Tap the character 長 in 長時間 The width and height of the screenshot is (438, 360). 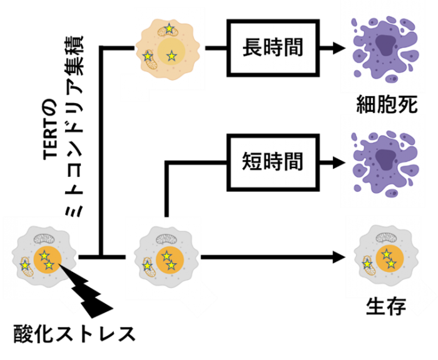tap(252, 48)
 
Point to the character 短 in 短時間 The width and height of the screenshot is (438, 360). tap(252, 162)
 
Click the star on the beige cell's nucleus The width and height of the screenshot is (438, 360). tap(171, 56)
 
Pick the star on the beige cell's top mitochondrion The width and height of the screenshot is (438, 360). tap(169, 28)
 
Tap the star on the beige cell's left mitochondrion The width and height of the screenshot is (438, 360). tap(148, 56)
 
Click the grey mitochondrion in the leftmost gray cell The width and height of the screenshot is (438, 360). tap(46, 239)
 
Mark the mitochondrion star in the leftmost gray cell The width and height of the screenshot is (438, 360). tap(24, 266)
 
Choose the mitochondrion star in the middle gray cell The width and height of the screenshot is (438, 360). tap(146, 266)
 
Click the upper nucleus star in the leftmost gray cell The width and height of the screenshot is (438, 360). tap(43, 254)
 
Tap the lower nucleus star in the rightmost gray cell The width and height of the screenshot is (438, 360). tap(391, 264)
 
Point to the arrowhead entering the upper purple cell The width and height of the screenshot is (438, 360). tap(343, 47)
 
